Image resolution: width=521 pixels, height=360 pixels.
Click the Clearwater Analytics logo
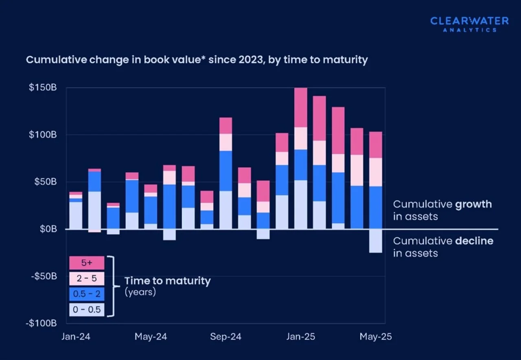[x=469, y=24]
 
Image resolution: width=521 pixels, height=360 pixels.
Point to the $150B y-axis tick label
[x=42, y=87]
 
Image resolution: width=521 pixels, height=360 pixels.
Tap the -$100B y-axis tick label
[x=41, y=323]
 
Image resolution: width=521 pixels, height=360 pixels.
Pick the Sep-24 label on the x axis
[x=225, y=337]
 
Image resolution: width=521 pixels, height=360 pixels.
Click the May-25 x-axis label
[x=375, y=337]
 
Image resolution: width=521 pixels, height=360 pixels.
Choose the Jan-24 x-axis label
[x=76, y=337]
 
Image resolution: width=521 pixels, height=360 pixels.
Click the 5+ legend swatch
[x=87, y=263]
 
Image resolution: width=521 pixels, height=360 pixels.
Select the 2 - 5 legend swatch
[x=87, y=279]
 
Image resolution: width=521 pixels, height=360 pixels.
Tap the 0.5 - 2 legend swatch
[x=87, y=294]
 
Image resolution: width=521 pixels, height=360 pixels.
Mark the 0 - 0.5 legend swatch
[x=87, y=310]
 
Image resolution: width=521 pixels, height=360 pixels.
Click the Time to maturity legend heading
[x=167, y=281]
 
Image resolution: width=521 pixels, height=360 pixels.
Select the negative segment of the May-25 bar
[x=375, y=241]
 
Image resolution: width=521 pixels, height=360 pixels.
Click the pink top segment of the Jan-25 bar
[x=300, y=107]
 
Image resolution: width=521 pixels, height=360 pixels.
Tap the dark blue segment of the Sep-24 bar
[x=225, y=171]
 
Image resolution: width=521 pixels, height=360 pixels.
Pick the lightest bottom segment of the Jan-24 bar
[x=76, y=215]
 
